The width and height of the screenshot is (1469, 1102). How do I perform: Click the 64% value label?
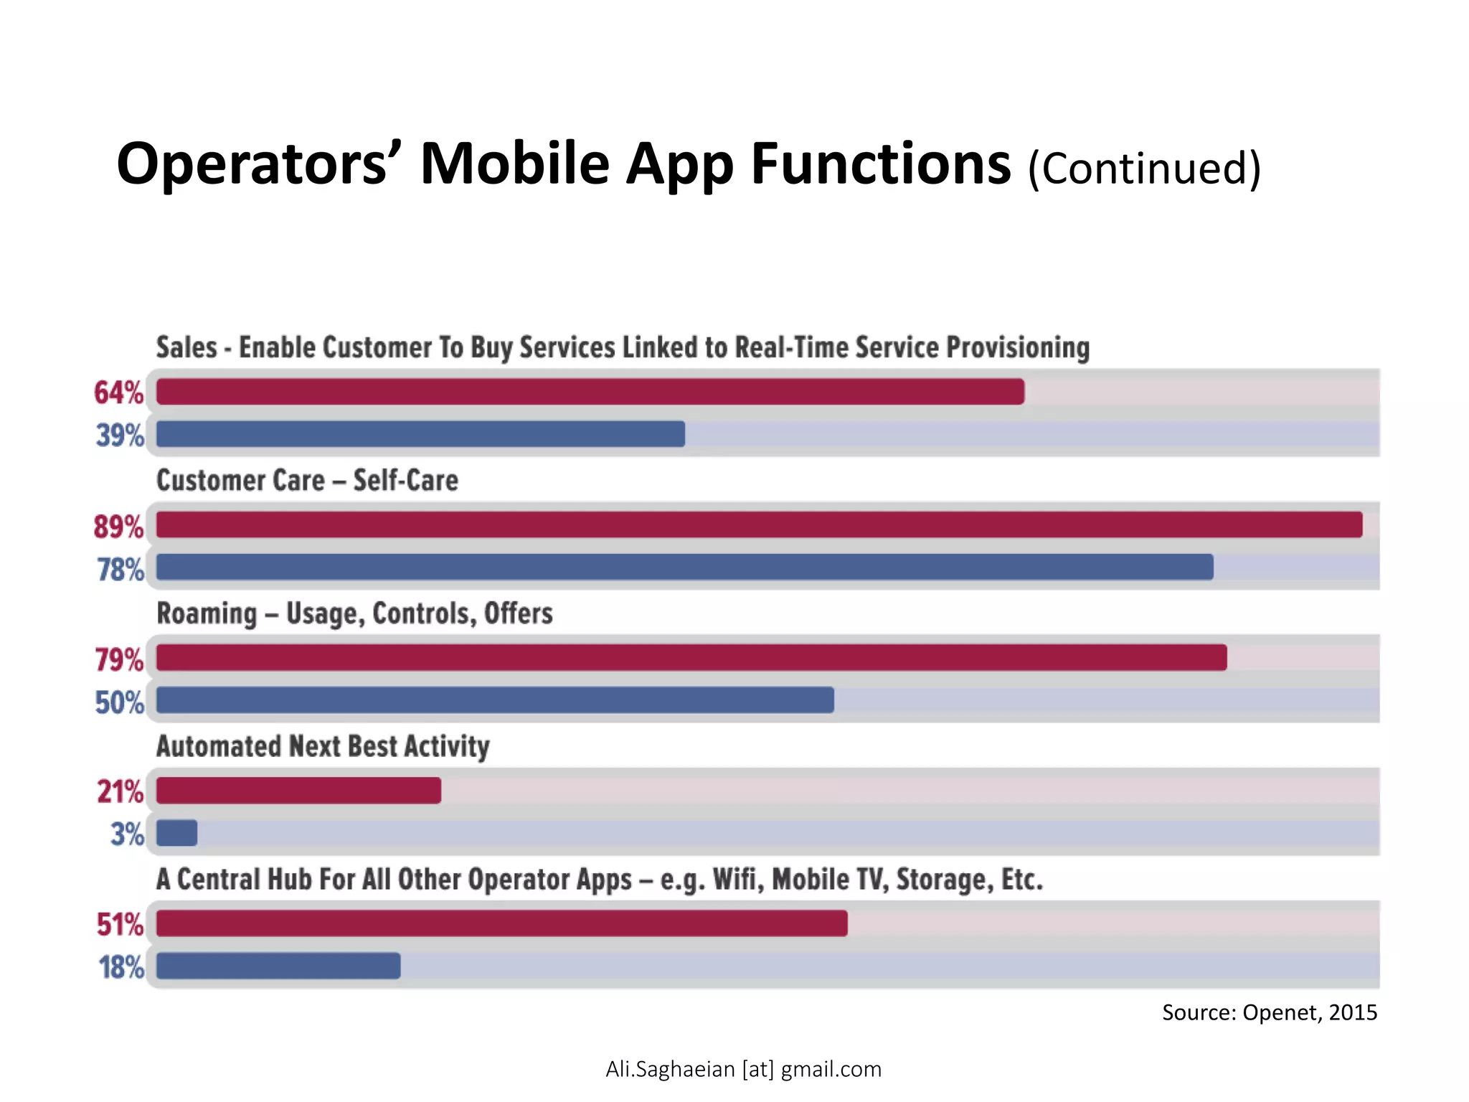pos(118,392)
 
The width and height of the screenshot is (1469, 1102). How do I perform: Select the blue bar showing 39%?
pos(420,434)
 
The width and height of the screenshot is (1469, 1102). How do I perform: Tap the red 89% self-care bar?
pos(759,524)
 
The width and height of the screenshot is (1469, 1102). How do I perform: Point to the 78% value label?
pos(121,570)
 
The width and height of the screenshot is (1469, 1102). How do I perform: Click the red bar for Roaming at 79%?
pos(691,657)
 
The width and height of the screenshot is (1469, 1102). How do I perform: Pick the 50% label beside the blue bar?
pos(120,702)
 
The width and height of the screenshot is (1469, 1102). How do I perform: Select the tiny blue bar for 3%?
pos(176,833)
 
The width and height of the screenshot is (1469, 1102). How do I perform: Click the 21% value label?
pos(121,792)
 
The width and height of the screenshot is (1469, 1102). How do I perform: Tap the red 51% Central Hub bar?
pos(501,923)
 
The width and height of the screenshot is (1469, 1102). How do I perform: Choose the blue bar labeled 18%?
pos(278,966)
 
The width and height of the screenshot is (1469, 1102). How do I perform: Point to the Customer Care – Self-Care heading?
pos(307,481)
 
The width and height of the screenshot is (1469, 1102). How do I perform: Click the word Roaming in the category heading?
pos(207,614)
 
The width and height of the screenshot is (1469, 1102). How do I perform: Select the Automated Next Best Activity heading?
pos(323,747)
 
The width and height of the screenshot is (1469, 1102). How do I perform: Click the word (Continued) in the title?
pos(1143,169)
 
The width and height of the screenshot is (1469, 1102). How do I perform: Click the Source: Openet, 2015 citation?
pos(1269,1012)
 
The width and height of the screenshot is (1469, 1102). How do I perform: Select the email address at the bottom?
pos(743,1069)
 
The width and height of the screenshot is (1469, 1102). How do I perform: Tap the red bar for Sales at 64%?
pos(590,392)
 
